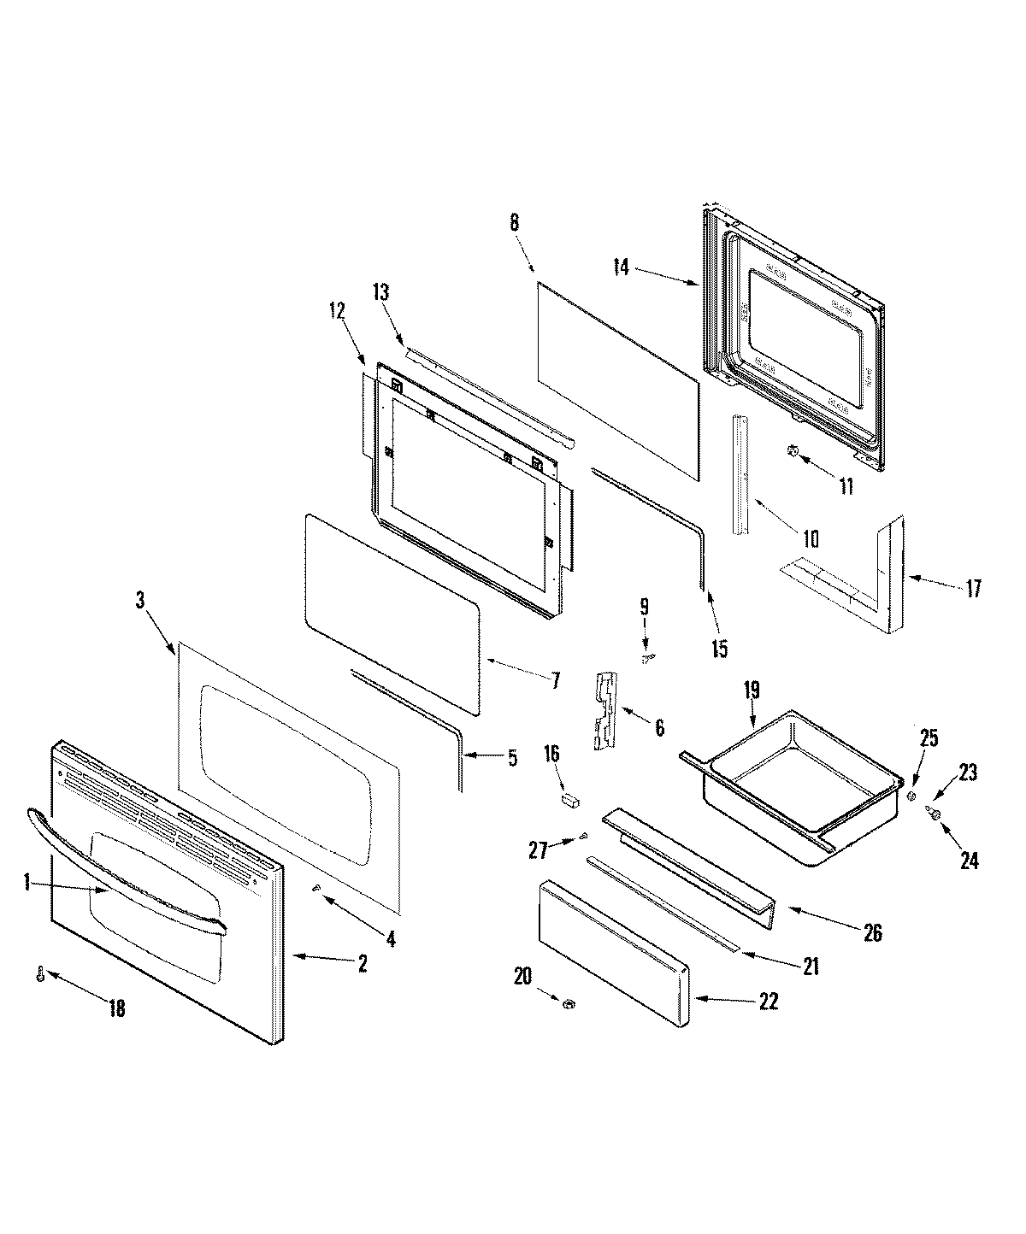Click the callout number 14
click(x=622, y=268)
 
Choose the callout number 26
click(x=872, y=932)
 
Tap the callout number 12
click(x=337, y=312)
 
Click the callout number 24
click(x=968, y=861)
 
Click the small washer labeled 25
click(x=911, y=796)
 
